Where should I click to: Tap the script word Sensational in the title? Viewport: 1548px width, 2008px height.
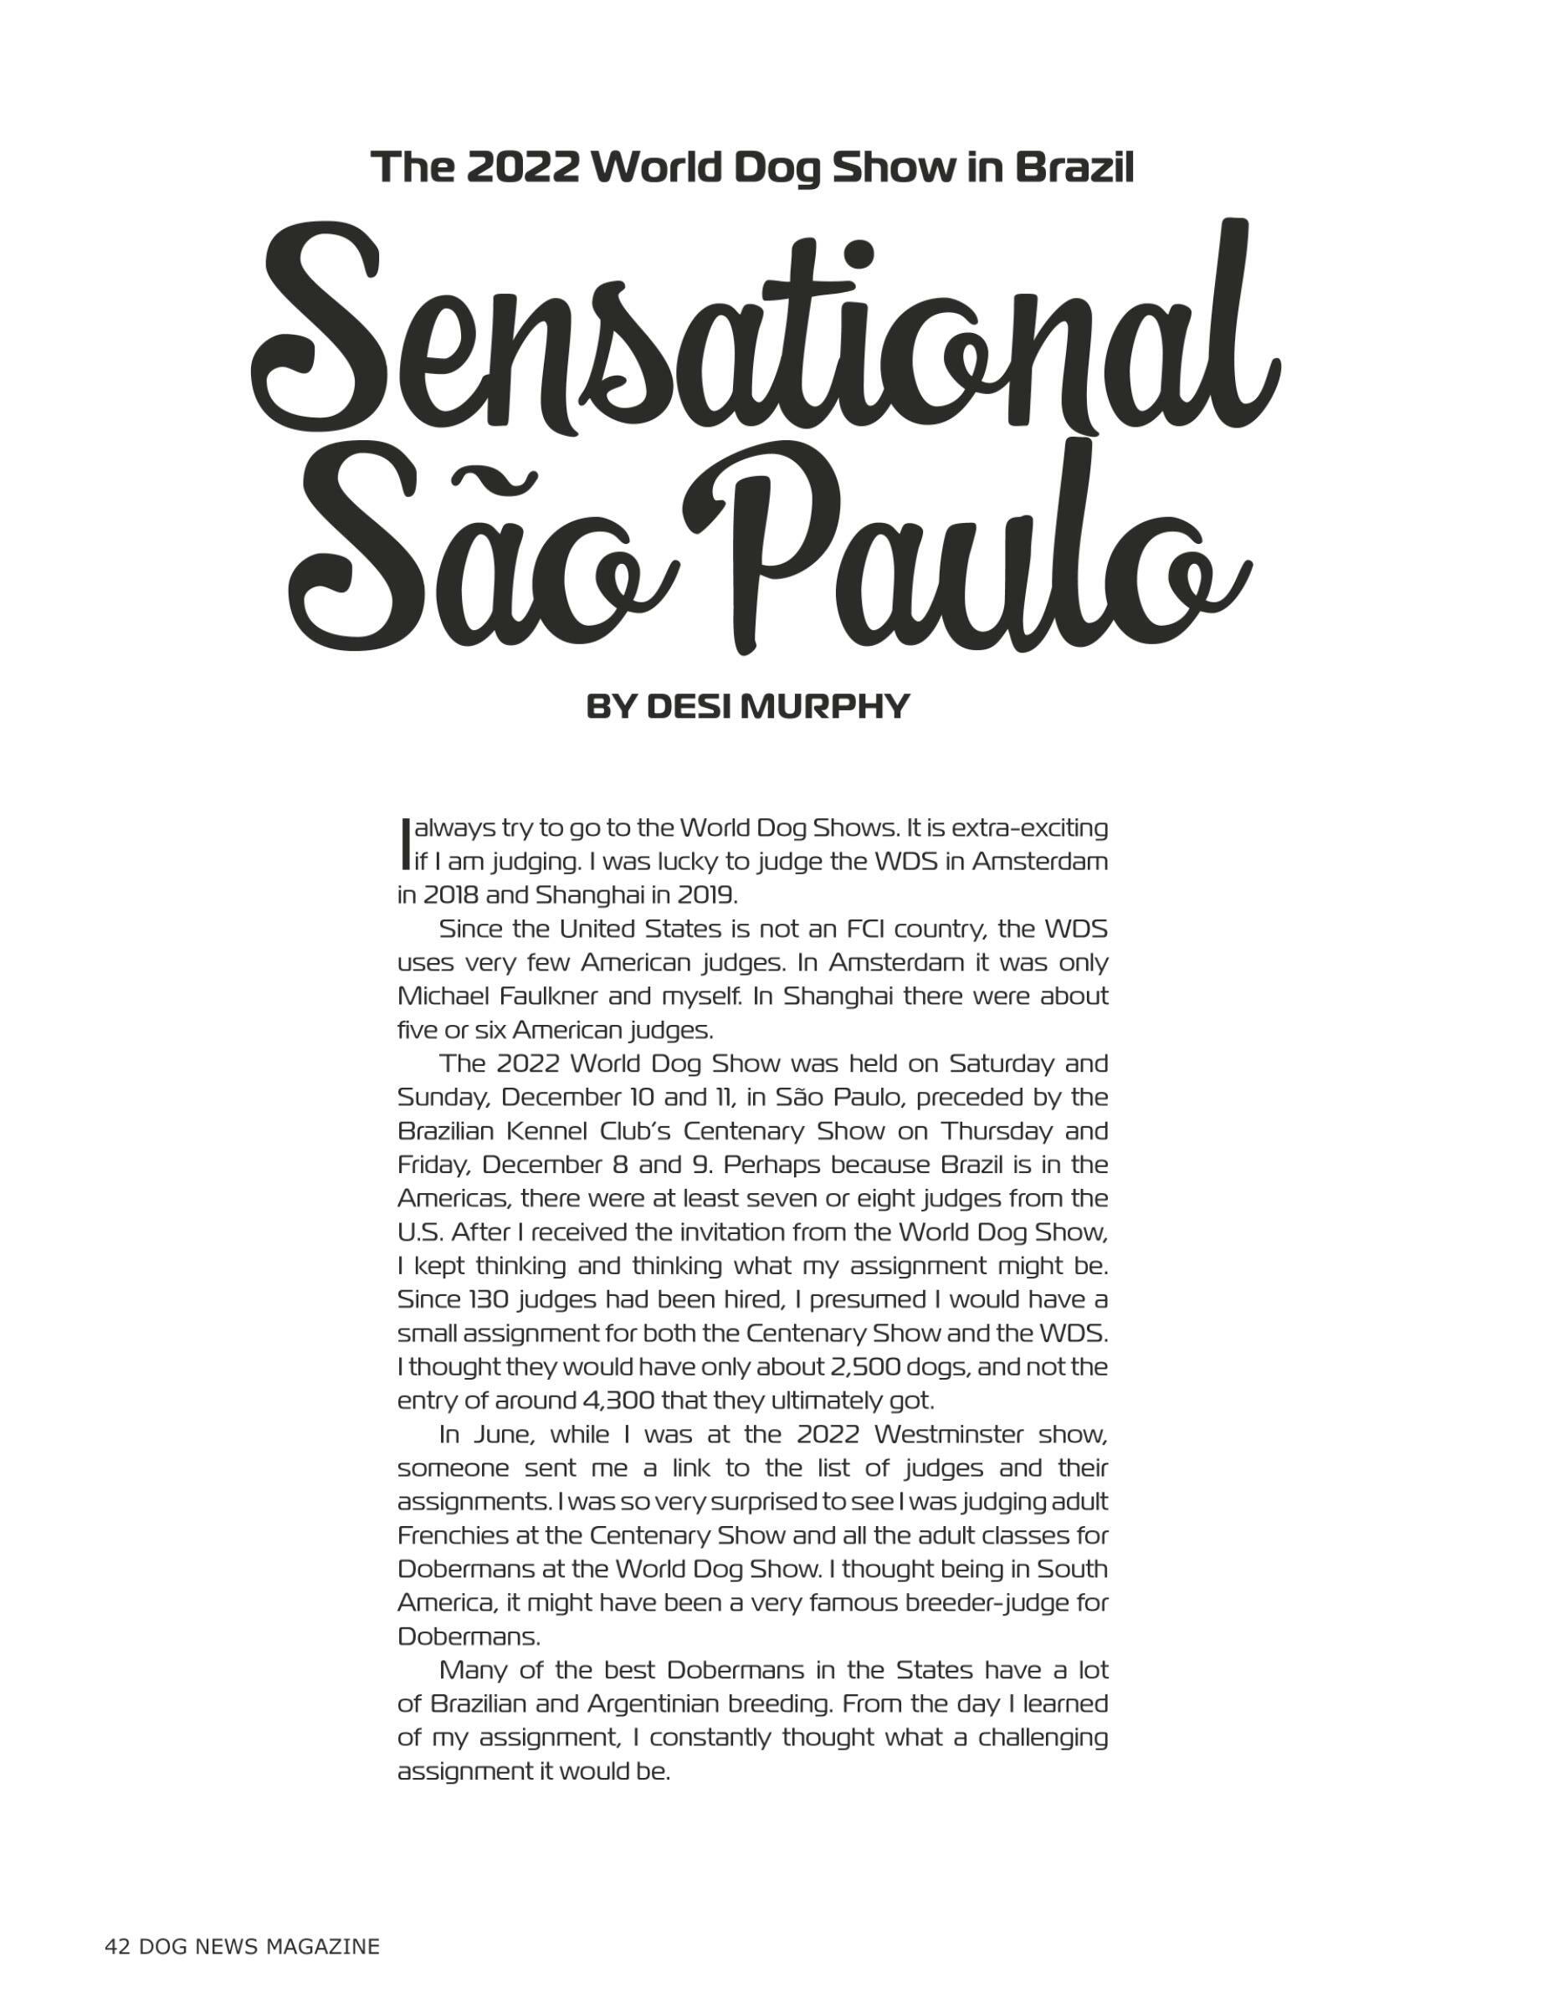click(x=763, y=341)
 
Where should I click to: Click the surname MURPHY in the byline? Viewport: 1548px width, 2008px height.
click(x=823, y=706)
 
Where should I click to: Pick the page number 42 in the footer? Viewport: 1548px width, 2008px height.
click(x=117, y=1945)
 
